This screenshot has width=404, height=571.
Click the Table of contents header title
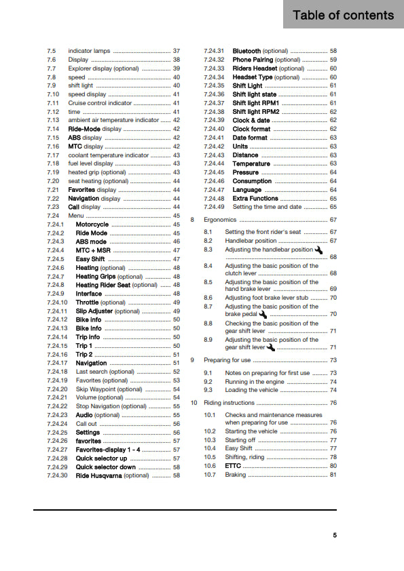[x=343, y=16]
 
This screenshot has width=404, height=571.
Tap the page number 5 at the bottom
[x=334, y=535]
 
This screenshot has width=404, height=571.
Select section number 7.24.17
[x=57, y=363]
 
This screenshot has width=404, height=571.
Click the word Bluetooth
[x=246, y=51]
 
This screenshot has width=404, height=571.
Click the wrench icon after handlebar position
[x=318, y=250]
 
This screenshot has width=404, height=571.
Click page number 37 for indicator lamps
[x=177, y=51]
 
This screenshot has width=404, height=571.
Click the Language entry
[x=247, y=190]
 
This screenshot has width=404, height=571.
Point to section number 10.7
[x=210, y=475]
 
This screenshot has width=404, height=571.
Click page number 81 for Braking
[x=333, y=475]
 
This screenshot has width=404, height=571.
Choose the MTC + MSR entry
[x=94, y=250]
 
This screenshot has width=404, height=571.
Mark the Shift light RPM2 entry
[x=257, y=112]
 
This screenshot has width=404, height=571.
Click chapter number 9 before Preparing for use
[x=193, y=360]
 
